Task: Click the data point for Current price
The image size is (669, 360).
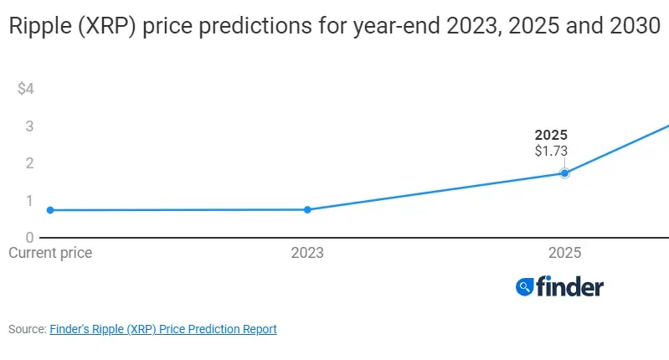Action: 50,210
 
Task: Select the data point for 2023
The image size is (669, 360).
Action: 307,209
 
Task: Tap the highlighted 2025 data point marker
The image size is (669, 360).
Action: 564,173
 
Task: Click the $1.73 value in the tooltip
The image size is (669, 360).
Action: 551,152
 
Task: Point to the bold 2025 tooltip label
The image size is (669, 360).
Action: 551,136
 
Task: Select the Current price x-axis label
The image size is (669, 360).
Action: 50,252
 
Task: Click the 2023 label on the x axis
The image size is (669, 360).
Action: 307,252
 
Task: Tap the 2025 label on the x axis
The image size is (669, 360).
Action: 564,252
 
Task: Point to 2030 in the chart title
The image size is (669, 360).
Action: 633,27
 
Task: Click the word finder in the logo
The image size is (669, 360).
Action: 569,287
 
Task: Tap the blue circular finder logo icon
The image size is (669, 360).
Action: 525,287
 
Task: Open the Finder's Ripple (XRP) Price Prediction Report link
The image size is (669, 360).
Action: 163,329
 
